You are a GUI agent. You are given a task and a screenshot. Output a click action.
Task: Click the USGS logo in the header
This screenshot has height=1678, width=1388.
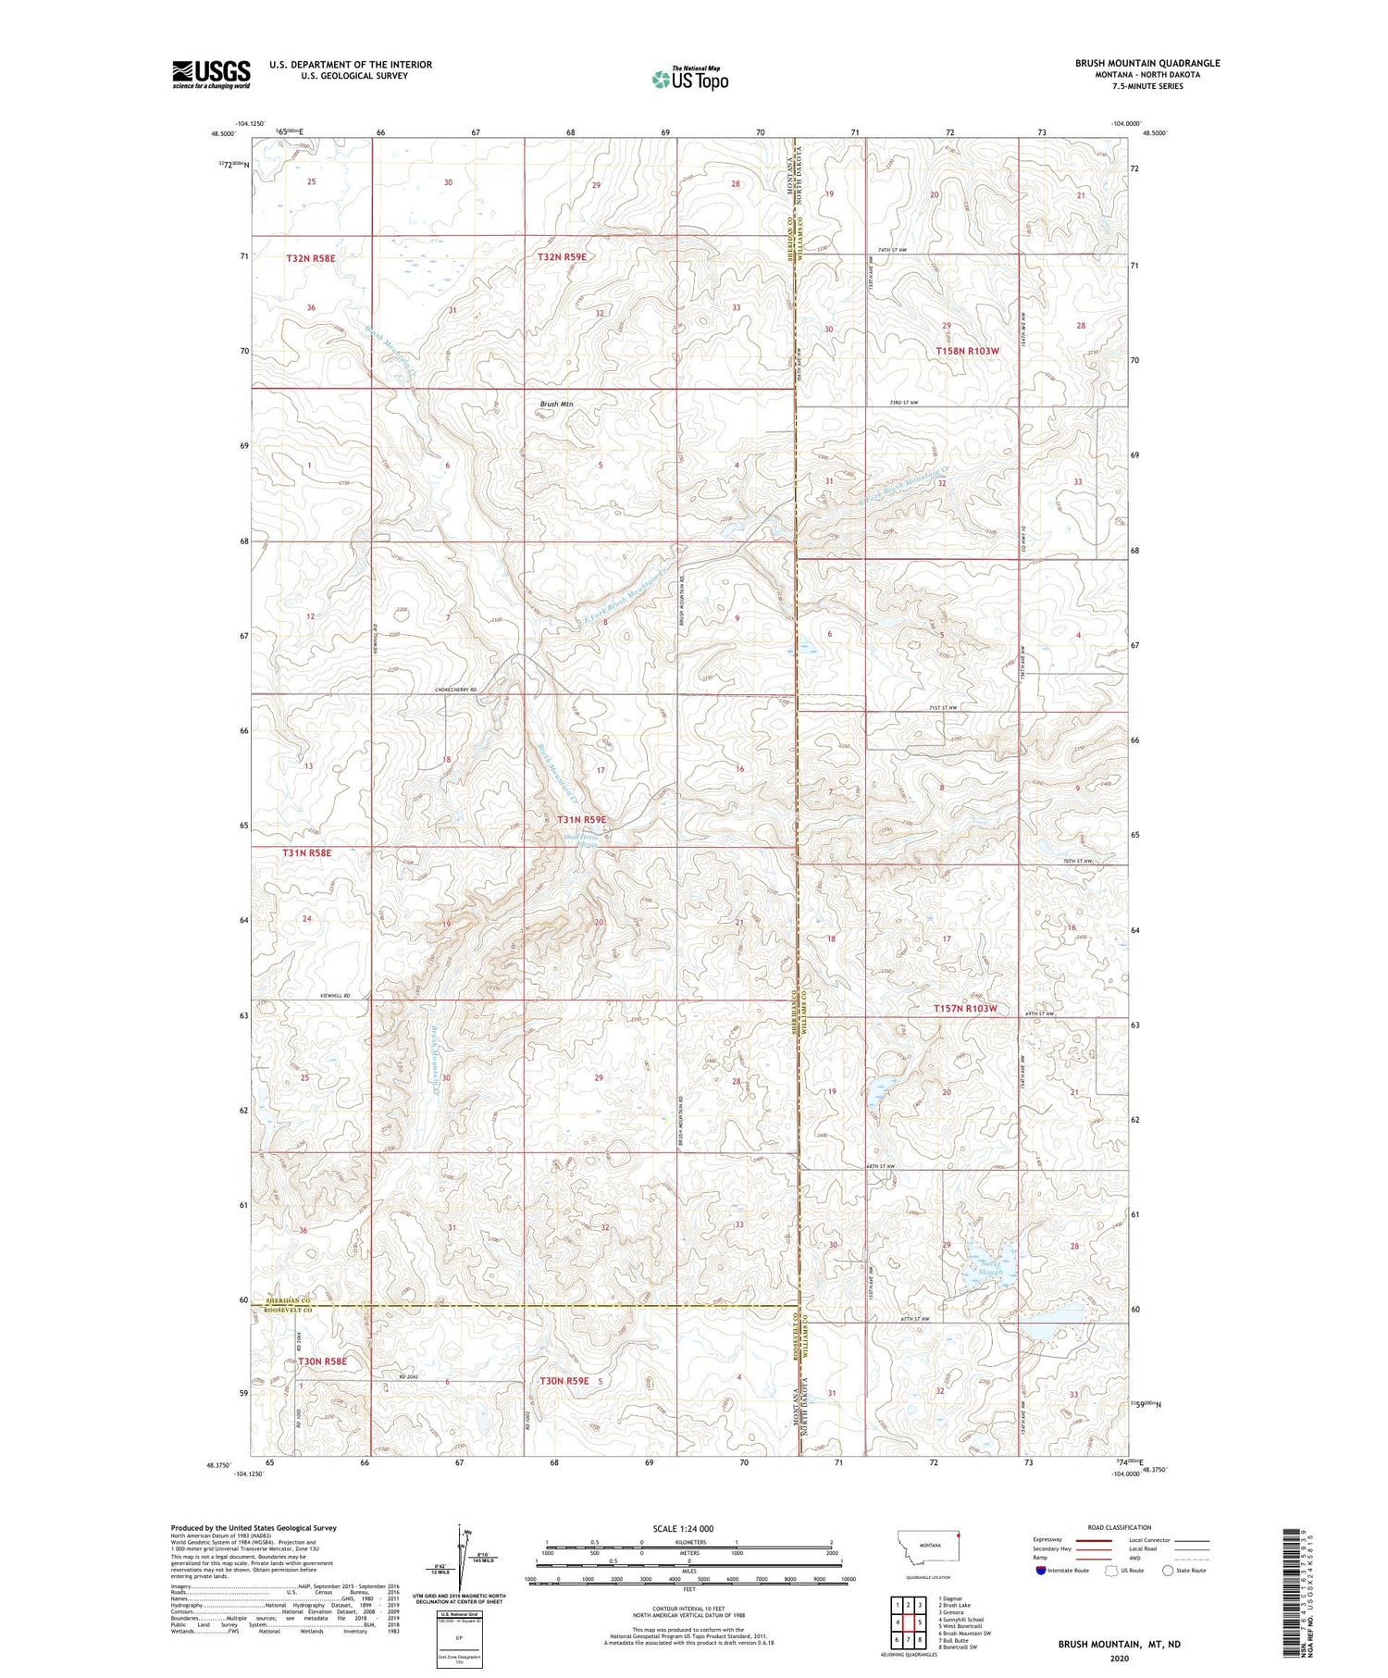(211, 74)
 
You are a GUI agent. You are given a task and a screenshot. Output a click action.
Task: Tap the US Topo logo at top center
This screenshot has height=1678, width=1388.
(689, 80)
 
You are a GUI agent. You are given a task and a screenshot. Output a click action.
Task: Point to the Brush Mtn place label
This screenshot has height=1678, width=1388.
(556, 404)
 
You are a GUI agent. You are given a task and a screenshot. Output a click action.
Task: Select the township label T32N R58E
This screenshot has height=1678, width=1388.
(310, 258)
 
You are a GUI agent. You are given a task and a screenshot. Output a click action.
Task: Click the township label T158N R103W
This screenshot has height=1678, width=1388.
(967, 352)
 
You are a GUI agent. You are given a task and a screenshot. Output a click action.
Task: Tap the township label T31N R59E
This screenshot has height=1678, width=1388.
(581, 820)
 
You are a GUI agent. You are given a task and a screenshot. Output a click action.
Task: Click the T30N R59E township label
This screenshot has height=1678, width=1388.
(564, 1381)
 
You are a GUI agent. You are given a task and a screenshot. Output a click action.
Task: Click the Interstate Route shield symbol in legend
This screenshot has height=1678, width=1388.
(1041, 1570)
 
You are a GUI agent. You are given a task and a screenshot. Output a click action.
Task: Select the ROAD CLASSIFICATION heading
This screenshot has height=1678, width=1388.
(1120, 1527)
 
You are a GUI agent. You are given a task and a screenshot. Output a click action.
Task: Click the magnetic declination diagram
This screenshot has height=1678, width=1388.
(460, 1560)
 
